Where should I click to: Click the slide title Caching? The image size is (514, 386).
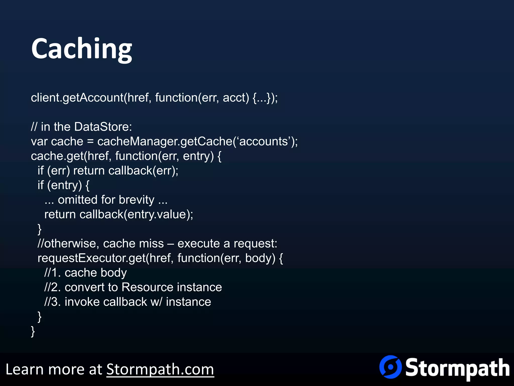click(x=82, y=49)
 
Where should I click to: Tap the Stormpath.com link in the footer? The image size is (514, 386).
click(x=160, y=369)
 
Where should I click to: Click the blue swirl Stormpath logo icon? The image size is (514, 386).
click(x=390, y=367)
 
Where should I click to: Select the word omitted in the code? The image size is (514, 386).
click(x=78, y=200)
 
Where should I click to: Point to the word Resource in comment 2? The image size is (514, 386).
click(x=142, y=287)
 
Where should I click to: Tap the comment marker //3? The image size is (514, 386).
click(x=52, y=302)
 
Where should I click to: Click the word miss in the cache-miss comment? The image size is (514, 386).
click(x=151, y=244)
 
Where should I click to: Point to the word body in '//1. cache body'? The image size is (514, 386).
click(x=114, y=273)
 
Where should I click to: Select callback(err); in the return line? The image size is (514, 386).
click(x=143, y=171)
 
